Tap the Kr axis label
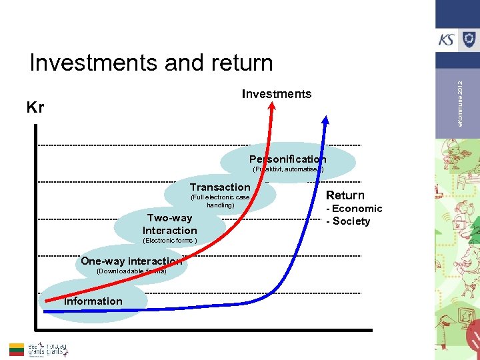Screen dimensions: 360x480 pyautogui.click(x=35, y=107)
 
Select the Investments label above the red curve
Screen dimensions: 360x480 pyautogui.click(x=276, y=94)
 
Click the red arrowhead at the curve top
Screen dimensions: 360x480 pyautogui.click(x=271, y=110)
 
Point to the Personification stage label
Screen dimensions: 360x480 pyautogui.click(x=288, y=159)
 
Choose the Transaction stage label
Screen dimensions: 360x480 pyautogui.click(x=220, y=187)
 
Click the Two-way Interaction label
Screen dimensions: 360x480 pyautogui.click(x=169, y=224)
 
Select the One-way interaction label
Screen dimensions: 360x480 pyautogui.click(x=131, y=261)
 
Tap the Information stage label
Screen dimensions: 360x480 pyautogui.click(x=93, y=301)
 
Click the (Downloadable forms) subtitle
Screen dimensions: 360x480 pyautogui.click(x=131, y=271)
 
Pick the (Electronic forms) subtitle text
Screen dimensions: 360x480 pyautogui.click(x=169, y=241)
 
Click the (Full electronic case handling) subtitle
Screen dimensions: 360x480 pyautogui.click(x=220, y=201)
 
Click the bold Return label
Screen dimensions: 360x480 pyautogui.click(x=345, y=195)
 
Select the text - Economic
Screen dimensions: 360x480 pyautogui.click(x=353, y=209)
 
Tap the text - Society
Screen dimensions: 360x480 pyautogui.click(x=347, y=221)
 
